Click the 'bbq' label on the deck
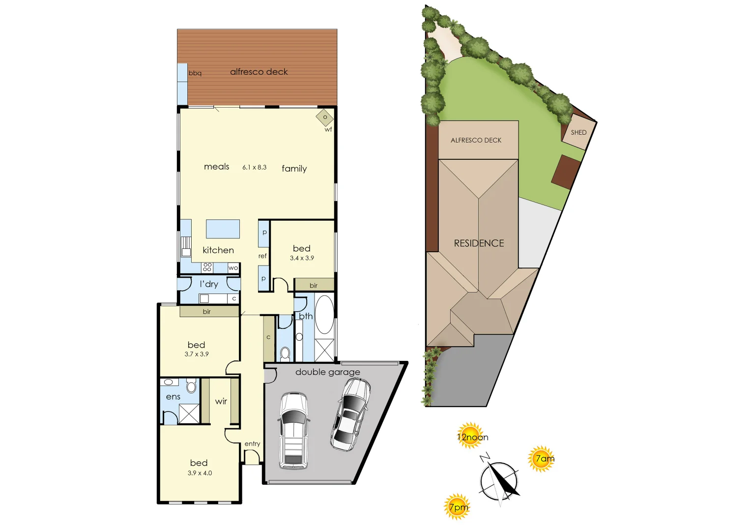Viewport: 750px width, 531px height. pos(195,73)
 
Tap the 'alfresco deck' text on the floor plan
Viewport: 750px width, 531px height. pos(259,72)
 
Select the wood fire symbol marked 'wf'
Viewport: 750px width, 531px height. pos(324,118)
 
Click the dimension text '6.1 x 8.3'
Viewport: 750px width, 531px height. pos(254,168)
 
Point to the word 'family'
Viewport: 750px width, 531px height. pos(294,169)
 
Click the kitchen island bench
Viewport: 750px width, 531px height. pos(223,229)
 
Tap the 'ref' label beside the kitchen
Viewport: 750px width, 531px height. pos(262,256)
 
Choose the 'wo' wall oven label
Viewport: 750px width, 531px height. pos(233,268)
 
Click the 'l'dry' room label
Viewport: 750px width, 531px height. pos(209,284)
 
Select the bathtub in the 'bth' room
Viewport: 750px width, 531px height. pos(324,314)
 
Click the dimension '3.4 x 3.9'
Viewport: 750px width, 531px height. pos(302,258)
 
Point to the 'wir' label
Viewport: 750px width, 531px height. pos(221,402)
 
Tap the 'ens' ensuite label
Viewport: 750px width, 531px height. pos(173,397)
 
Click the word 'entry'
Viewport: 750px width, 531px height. pos(252,444)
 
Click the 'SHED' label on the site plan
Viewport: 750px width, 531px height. pos(578,133)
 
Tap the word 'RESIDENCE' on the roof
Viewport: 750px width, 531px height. pos(479,243)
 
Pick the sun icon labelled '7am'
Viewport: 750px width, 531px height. pos(542,459)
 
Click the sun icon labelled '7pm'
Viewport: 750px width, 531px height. pos(458,507)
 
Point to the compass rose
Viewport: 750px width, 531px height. pos(499,479)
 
